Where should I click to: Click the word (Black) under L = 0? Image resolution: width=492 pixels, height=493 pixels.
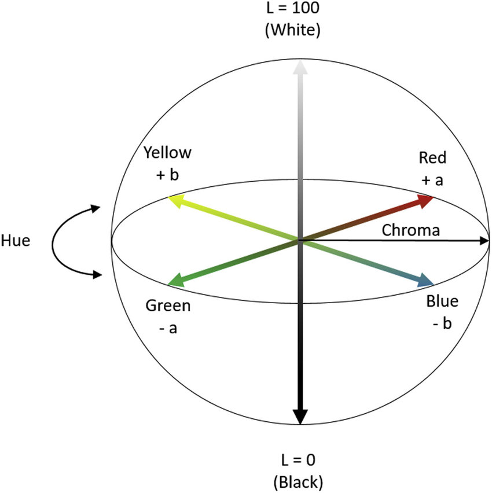point(299,481)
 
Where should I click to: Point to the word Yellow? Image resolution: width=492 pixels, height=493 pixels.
point(167,153)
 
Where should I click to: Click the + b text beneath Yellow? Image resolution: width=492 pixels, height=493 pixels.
point(167,175)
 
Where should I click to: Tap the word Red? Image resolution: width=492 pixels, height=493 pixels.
point(433,157)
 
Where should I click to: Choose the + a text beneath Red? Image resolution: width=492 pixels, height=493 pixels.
point(433,180)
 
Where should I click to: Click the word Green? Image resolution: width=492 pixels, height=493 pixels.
point(168,306)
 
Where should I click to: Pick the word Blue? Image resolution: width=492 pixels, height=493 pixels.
point(442,301)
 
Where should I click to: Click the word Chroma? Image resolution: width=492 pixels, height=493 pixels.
point(411,230)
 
